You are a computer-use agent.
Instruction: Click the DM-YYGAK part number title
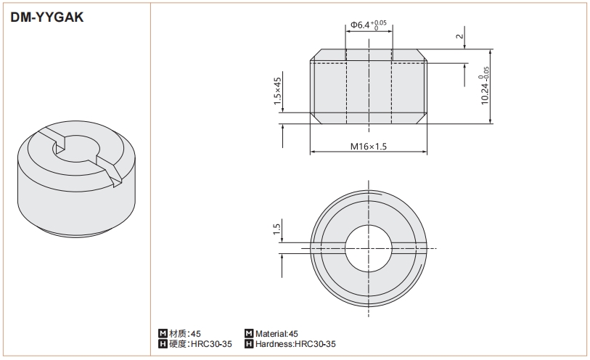coord(47,17)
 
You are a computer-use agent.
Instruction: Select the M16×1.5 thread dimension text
coord(369,147)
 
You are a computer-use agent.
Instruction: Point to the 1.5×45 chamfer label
coord(277,91)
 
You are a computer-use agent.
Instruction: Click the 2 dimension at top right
coord(459,36)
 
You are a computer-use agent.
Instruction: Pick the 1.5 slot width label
coord(276,229)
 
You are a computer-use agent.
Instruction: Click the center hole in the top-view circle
coord(369,248)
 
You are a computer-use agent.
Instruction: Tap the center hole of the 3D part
coord(77,148)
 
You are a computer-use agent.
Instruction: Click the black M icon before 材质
coord(163,334)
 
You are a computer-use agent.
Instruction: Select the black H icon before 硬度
coord(163,344)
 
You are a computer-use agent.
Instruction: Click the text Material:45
coord(276,334)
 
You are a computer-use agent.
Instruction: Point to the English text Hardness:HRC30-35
coord(295,344)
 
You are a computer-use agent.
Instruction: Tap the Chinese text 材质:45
coord(185,334)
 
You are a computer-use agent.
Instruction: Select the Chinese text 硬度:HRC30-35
coord(200,344)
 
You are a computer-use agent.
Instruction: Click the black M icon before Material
coord(249,334)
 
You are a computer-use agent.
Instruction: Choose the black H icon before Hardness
coord(249,344)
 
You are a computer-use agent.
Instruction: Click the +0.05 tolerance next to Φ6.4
coord(379,23)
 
